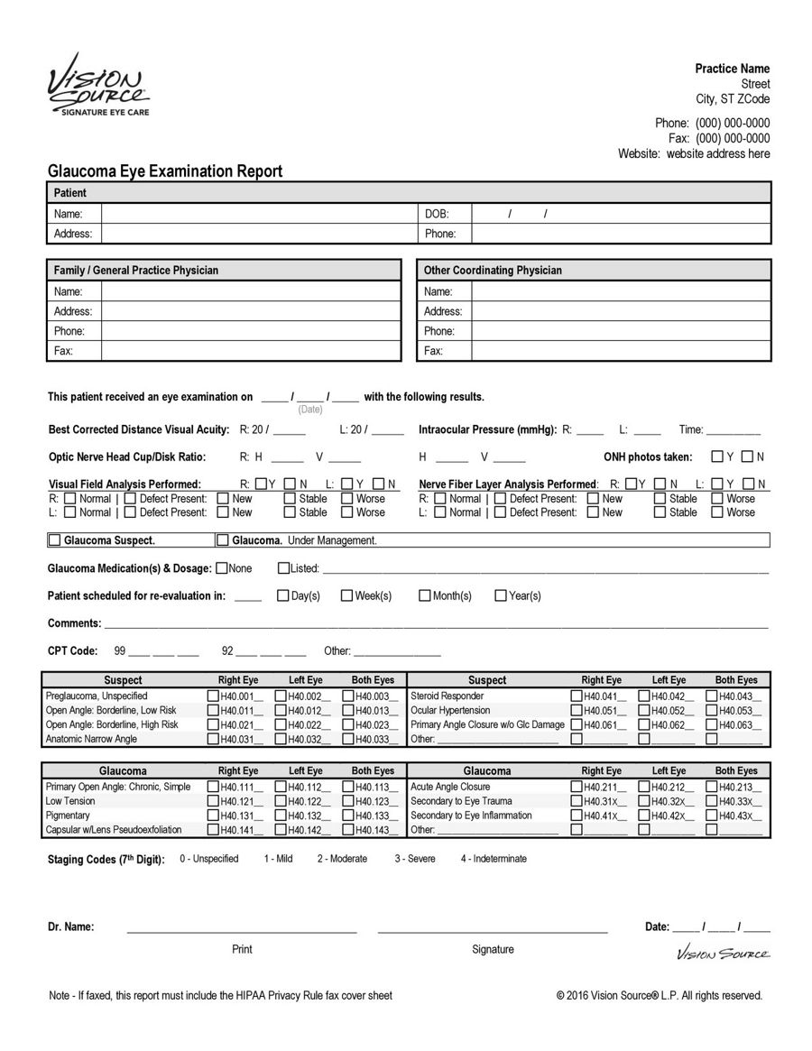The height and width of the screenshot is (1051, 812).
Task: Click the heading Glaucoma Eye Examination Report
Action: [x=164, y=171]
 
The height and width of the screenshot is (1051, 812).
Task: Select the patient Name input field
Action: [x=257, y=215]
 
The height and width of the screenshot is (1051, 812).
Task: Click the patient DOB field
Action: [x=621, y=215]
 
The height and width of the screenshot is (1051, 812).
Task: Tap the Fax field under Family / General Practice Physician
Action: [x=250, y=351]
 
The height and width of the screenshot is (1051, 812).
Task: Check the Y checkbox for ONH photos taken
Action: [x=716, y=457]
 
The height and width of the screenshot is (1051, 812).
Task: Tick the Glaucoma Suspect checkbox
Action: [x=54, y=540]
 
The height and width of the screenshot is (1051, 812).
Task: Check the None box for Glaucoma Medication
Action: [x=221, y=568]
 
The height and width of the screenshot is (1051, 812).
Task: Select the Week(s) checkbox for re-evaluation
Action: [x=346, y=595]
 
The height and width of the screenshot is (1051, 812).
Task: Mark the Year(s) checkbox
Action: [x=501, y=595]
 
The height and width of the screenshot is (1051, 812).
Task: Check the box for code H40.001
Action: [x=213, y=696]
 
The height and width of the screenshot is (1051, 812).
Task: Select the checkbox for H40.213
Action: [x=712, y=787]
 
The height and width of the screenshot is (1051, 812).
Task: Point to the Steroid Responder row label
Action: [x=447, y=696]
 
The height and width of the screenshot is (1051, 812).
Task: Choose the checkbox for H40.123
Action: [x=347, y=801]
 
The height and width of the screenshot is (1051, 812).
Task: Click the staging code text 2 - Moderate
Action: [x=341, y=859]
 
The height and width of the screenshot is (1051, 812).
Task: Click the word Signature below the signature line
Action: [x=493, y=949]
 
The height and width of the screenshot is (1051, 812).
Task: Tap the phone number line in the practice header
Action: [x=712, y=123]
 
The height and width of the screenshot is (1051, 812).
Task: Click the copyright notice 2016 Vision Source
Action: [x=659, y=996]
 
